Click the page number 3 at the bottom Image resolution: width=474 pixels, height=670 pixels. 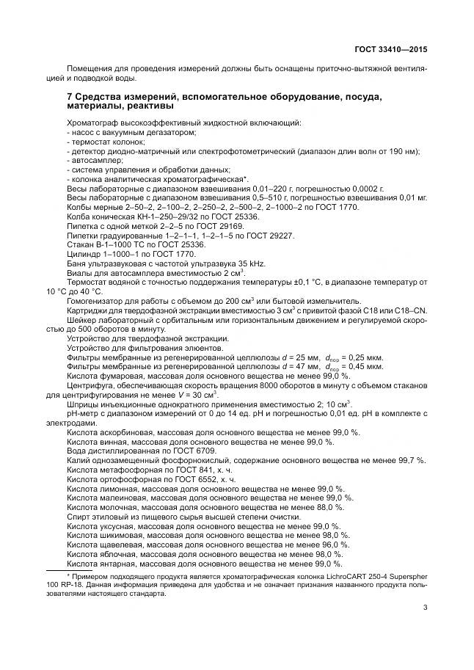click(425, 606)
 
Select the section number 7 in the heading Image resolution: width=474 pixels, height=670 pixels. click(69, 97)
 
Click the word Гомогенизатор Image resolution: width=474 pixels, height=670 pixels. click(96, 301)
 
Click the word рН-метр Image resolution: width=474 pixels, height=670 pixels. click(84, 413)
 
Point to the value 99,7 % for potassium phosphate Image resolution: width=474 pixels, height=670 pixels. click(409, 460)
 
